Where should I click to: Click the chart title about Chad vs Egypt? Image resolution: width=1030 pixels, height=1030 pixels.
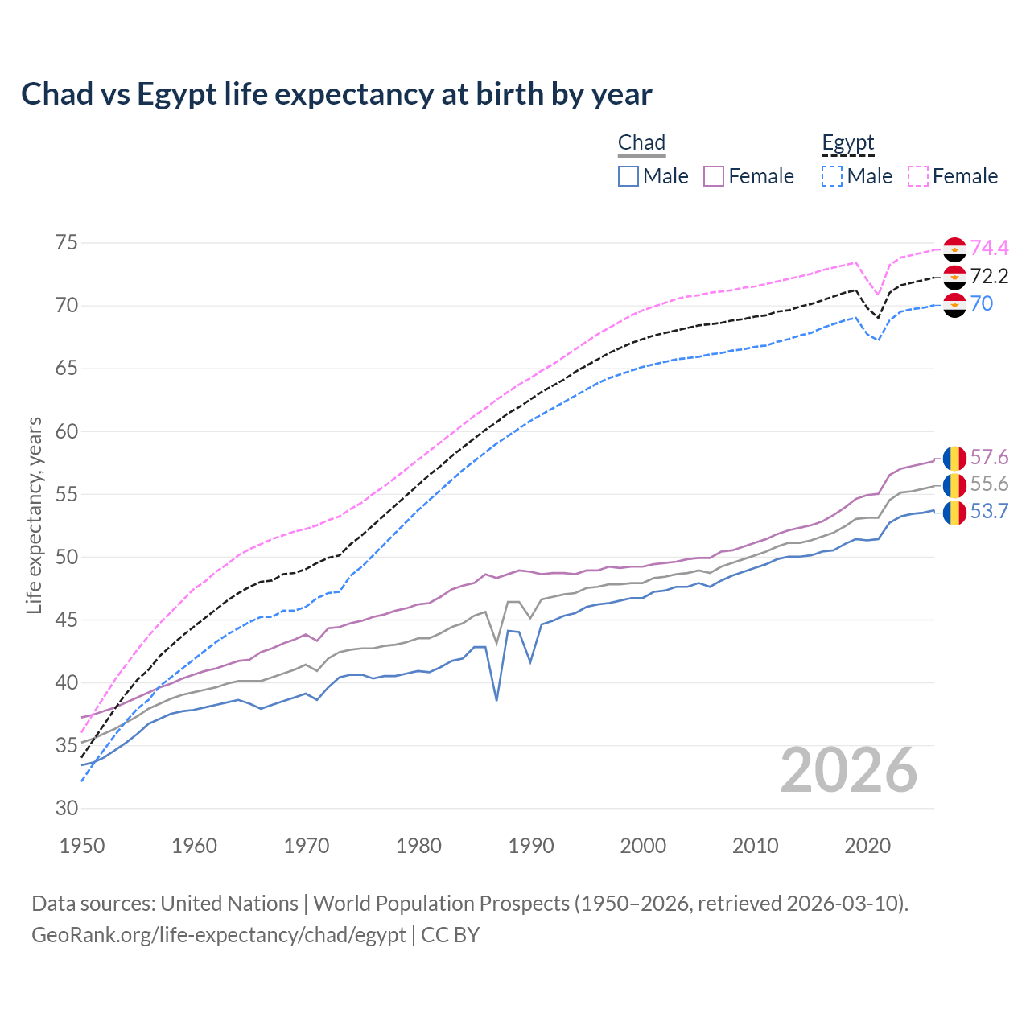(x=336, y=94)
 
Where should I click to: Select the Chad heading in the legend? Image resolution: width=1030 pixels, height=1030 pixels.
(x=641, y=142)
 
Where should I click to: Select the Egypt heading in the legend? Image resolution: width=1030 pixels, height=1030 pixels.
(x=847, y=142)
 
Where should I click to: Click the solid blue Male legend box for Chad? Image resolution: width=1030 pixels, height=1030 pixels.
(x=628, y=176)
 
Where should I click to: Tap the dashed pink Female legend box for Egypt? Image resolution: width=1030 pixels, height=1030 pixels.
(x=918, y=176)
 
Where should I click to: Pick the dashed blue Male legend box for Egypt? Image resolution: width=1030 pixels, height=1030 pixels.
(x=832, y=176)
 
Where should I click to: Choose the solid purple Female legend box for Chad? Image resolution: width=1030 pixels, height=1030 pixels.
(x=714, y=176)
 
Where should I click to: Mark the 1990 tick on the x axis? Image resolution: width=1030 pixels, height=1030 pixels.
(x=531, y=846)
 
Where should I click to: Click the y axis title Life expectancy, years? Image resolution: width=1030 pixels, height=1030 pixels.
(x=34, y=515)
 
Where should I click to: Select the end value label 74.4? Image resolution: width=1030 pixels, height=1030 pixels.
(x=989, y=249)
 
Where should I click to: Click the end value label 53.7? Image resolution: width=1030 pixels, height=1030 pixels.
(x=989, y=512)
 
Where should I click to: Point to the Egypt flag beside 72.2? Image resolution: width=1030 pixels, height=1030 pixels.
(x=954, y=277)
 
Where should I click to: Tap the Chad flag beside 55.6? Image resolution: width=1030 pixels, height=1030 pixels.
(x=954, y=484)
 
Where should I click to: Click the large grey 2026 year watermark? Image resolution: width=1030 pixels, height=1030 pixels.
(x=849, y=770)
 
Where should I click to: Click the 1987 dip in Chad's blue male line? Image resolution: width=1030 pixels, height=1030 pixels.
(x=496, y=699)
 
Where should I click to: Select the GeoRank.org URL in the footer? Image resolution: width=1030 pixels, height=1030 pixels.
(x=218, y=935)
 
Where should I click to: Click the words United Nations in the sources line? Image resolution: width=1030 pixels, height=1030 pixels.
(x=229, y=904)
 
